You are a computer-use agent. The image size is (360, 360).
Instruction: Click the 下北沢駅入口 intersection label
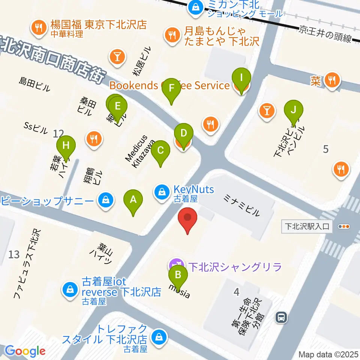306,226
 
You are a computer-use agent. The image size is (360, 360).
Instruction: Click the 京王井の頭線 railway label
325,34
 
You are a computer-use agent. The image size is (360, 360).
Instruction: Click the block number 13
14,255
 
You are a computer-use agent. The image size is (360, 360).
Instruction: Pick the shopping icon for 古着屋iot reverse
70,289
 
